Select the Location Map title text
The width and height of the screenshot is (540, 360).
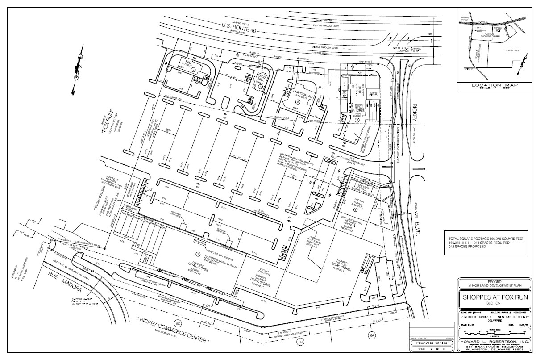click(x=494, y=84)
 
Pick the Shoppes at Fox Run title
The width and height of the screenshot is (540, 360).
click(x=494, y=298)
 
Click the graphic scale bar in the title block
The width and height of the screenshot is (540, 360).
click(x=494, y=333)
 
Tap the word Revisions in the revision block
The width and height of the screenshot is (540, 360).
click(x=428, y=343)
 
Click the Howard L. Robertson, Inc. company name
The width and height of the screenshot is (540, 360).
click(x=494, y=341)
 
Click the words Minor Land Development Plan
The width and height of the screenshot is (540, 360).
click(x=494, y=285)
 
